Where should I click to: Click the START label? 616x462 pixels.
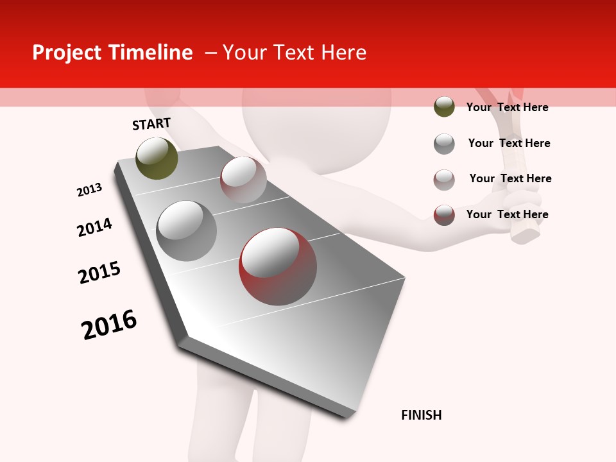point(151,124)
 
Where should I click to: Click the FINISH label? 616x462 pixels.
point(421,415)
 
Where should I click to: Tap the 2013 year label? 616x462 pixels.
point(90,190)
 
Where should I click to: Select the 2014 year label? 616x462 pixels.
point(94,227)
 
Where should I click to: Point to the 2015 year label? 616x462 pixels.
point(99,272)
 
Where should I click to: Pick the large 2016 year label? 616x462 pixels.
point(109,324)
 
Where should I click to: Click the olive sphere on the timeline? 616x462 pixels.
point(157,158)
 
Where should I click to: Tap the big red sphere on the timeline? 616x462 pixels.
point(277,266)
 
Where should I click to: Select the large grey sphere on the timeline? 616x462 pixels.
point(186,231)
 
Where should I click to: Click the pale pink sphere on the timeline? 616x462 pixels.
point(243,180)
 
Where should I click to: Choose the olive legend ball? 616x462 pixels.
point(444,107)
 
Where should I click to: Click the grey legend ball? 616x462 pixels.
point(444,144)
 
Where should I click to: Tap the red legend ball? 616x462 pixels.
point(444,215)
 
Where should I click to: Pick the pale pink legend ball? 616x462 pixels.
point(444,180)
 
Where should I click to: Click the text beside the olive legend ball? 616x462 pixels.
point(507,107)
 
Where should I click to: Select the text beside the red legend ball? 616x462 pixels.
point(507,214)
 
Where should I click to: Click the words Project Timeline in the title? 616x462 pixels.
point(112,53)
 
